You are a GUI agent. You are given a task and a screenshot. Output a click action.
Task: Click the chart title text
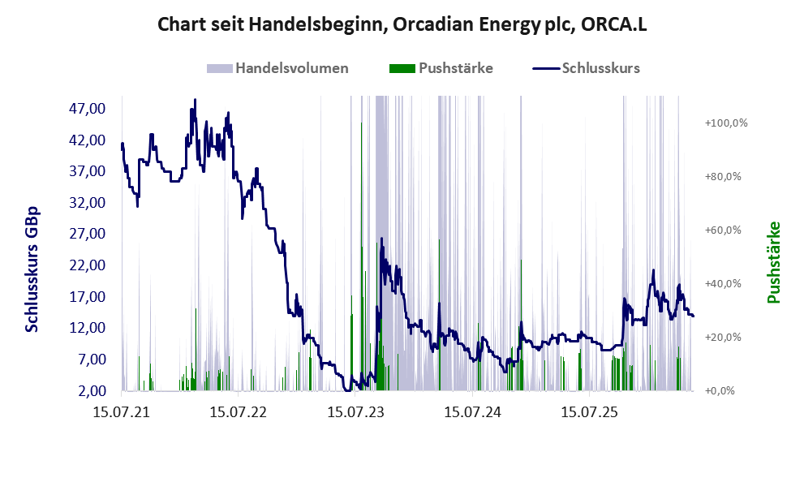click(402, 24)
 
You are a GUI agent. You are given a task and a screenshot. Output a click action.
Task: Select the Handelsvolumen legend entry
click(277, 68)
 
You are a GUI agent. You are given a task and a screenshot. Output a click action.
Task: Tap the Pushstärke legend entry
click(441, 68)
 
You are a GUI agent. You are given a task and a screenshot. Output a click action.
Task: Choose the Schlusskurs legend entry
click(586, 68)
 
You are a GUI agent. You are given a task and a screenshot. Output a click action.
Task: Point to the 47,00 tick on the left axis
click(87, 108)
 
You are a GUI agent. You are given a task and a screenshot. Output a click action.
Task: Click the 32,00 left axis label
click(87, 203)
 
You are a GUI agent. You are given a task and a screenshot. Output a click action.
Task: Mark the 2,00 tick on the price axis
click(92, 391)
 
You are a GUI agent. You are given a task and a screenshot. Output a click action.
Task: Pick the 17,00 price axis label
click(87, 296)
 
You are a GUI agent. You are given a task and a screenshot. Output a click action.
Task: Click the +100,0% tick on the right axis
click(726, 123)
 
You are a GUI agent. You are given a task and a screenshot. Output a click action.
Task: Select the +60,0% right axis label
click(723, 230)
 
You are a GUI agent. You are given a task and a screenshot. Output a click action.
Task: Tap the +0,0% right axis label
click(720, 391)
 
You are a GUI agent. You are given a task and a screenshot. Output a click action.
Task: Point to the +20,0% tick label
click(723, 337)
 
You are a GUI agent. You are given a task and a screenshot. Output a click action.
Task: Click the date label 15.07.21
click(122, 412)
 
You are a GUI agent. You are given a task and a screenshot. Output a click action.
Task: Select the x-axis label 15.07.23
click(356, 412)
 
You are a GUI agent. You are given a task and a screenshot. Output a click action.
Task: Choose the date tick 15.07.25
click(590, 412)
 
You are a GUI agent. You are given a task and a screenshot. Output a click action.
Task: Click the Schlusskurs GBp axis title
click(32, 269)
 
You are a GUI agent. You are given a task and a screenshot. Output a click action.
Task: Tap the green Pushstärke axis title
click(774, 262)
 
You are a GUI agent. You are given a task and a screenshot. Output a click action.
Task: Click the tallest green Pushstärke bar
click(362, 256)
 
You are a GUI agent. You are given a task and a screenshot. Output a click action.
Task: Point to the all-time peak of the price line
click(195, 100)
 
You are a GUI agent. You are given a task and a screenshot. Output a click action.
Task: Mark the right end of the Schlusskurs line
click(693, 316)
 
